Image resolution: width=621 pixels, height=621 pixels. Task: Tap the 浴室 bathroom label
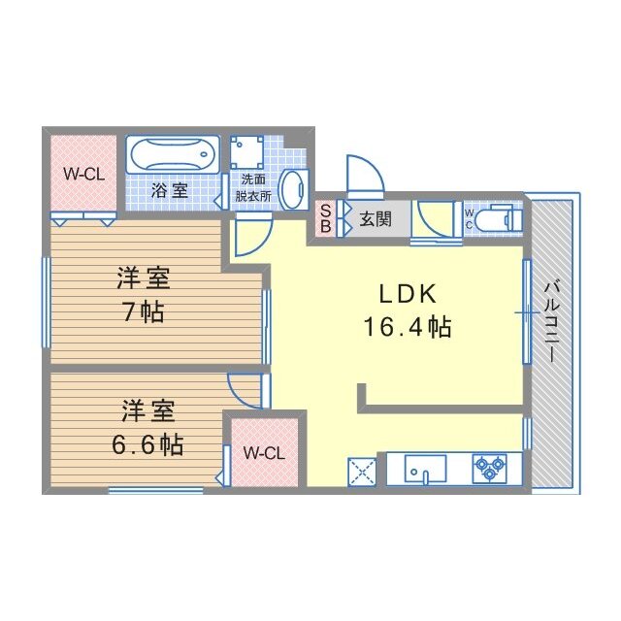[x=170, y=191]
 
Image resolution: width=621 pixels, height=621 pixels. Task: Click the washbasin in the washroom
[x=293, y=183]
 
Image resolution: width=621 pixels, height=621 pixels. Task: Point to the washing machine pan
[x=246, y=152]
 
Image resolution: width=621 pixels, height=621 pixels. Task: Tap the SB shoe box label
[x=325, y=218]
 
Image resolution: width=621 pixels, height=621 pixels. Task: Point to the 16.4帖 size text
[x=408, y=327]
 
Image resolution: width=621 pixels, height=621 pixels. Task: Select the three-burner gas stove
[x=489, y=469]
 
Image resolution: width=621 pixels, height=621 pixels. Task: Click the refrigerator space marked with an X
[x=361, y=472]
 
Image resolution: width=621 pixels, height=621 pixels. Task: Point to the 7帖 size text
[x=144, y=313]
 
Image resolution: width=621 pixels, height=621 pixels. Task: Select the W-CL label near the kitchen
[x=262, y=453]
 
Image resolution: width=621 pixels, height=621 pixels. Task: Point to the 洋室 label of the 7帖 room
[x=144, y=279]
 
